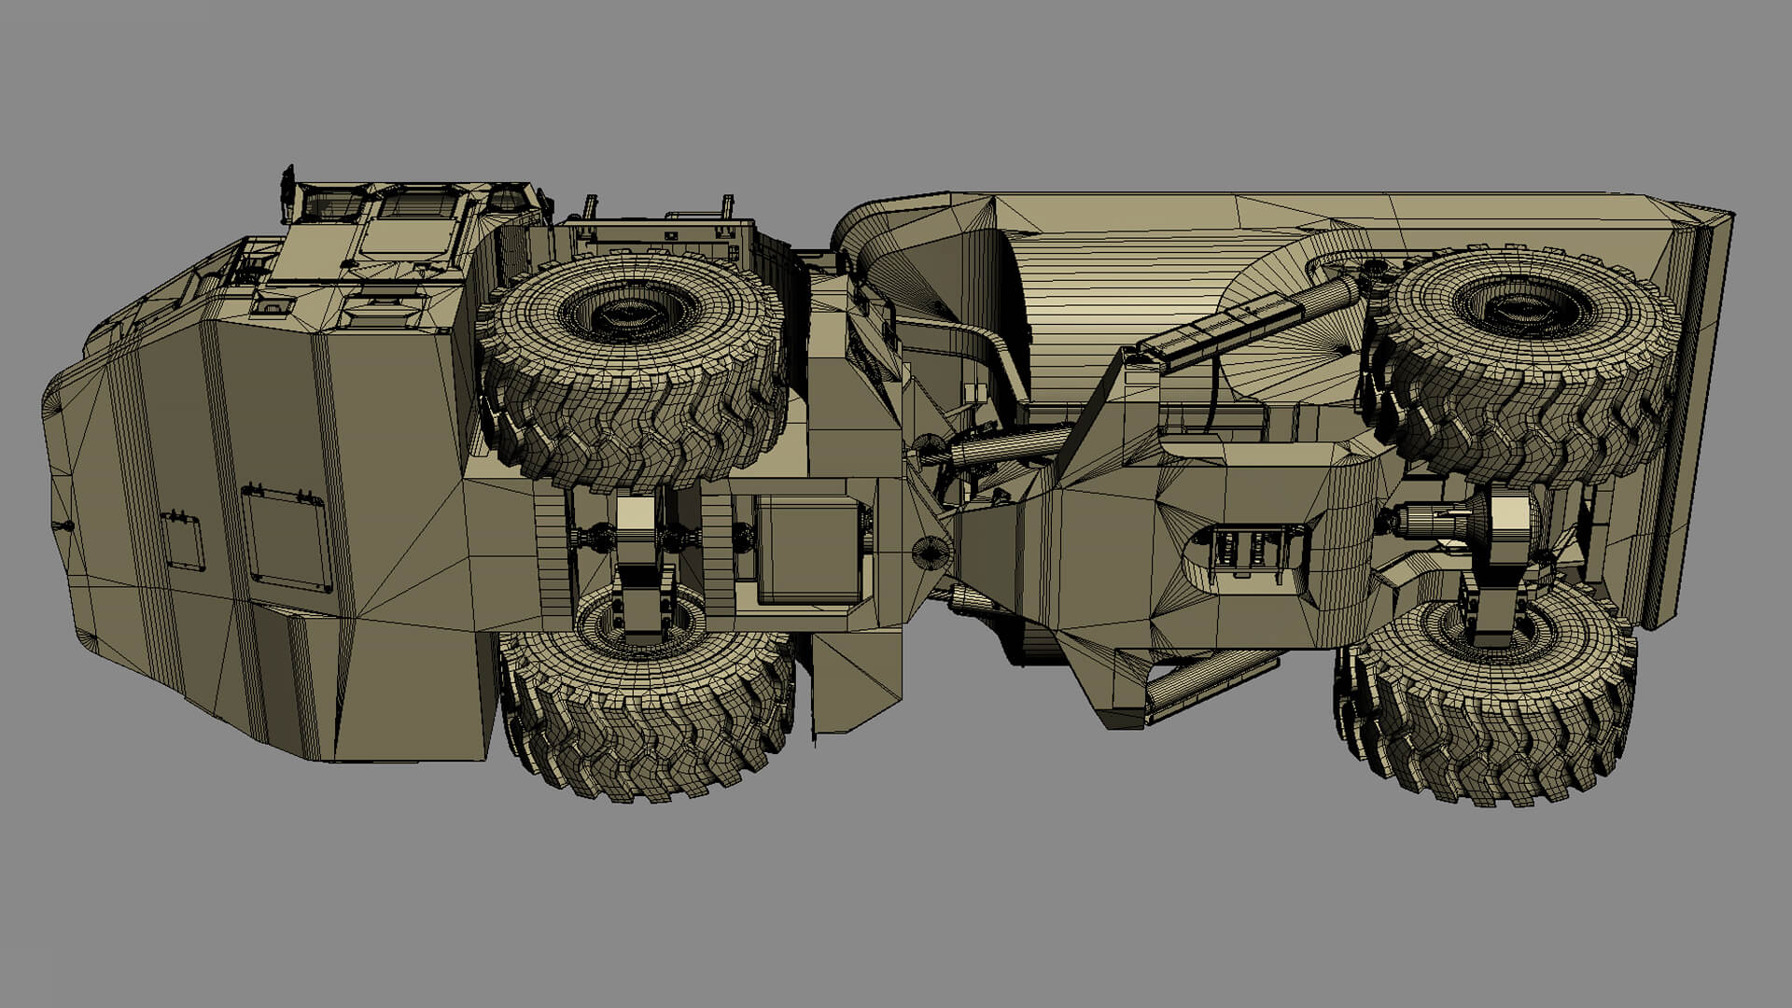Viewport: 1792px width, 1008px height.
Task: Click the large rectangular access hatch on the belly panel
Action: tap(287, 539)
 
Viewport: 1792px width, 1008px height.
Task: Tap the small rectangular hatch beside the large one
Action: tap(183, 540)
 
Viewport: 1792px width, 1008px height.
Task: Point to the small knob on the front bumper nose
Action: tap(66, 526)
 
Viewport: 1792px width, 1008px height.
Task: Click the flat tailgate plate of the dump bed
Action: tap(1680, 411)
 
